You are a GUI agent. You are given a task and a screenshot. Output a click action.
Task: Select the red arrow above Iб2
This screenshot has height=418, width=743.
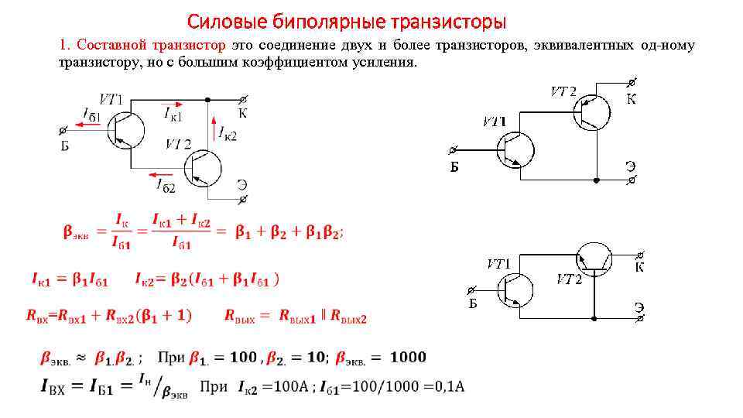click(160, 174)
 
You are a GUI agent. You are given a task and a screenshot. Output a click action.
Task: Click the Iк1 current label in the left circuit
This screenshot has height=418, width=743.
click(173, 114)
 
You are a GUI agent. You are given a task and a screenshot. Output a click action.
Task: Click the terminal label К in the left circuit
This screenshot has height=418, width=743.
click(241, 113)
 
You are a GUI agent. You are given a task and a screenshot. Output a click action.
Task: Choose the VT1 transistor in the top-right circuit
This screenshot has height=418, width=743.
click(515, 149)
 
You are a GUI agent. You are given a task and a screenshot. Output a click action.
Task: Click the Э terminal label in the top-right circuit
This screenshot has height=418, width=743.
click(631, 166)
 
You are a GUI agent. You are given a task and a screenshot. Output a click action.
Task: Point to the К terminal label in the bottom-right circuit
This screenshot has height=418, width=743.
click(639, 267)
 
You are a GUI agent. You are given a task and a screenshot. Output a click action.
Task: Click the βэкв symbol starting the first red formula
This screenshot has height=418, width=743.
click(75, 231)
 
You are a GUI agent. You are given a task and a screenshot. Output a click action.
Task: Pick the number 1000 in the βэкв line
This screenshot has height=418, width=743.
click(408, 357)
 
